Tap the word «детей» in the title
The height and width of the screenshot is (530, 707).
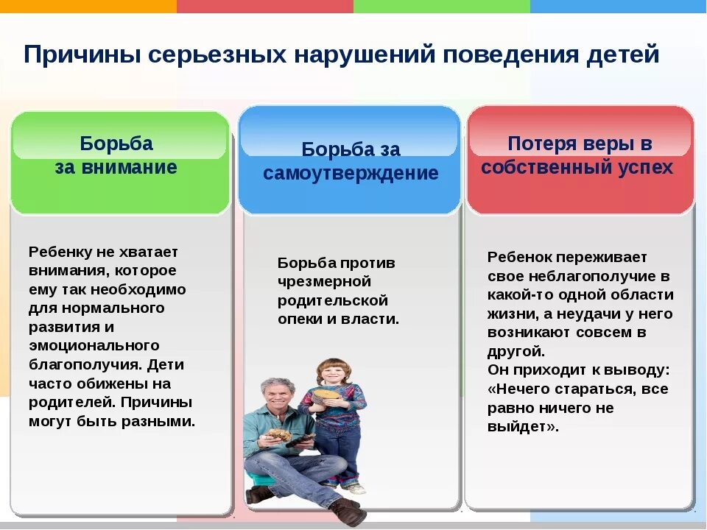pos(623,54)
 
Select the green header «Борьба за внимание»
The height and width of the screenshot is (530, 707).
pos(116,155)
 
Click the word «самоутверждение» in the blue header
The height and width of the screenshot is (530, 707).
pos(351,174)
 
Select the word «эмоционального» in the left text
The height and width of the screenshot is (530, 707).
pos(94,346)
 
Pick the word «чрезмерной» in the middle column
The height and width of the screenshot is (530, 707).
pos(324,282)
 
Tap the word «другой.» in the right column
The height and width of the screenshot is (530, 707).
pos(516,351)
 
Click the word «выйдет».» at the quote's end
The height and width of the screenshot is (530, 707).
pos(523,427)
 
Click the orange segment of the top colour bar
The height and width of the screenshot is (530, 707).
pos(88,6)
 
